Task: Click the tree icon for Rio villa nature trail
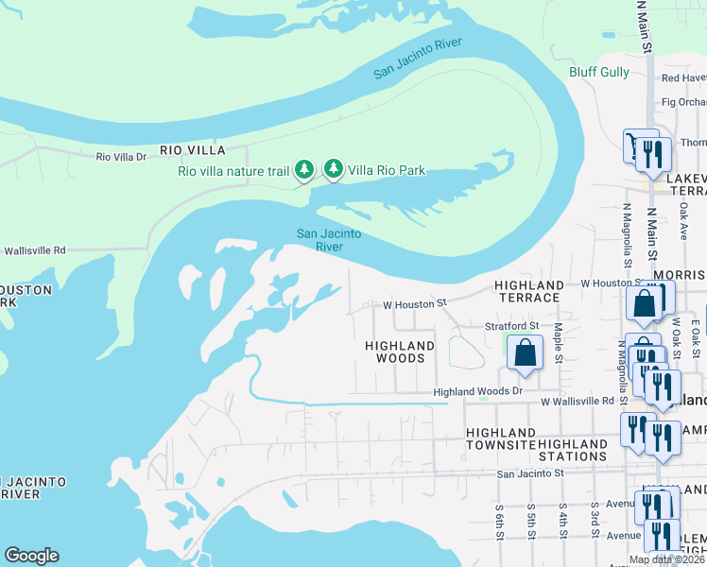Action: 303,169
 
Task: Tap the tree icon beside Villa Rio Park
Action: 333,169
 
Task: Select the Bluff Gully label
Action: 598,72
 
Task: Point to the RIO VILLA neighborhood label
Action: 192,150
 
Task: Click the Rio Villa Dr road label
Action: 122,156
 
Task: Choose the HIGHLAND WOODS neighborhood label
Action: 400,352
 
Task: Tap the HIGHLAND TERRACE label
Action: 529,291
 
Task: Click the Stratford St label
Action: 511,326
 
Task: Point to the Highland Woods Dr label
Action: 477,391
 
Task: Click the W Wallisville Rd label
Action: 578,402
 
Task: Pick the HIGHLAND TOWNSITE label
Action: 501,438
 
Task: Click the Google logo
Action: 31,556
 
